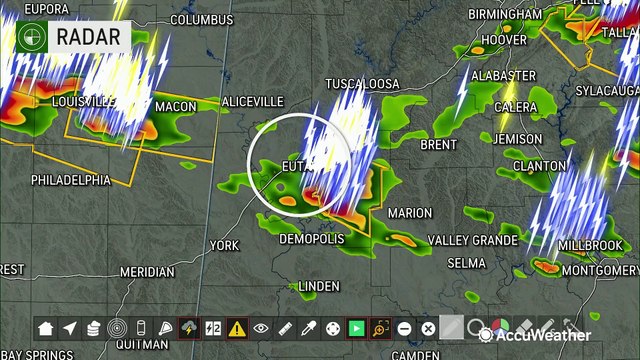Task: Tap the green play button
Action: pyautogui.click(x=356, y=328)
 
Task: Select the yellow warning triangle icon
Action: pyautogui.click(x=237, y=328)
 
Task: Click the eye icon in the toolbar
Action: pyautogui.click(x=261, y=328)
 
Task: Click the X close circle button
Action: pyautogui.click(x=428, y=328)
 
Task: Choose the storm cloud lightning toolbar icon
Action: pyautogui.click(x=189, y=328)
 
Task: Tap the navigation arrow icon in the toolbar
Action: pyautogui.click(x=70, y=328)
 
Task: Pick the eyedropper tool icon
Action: pyautogui.click(x=309, y=328)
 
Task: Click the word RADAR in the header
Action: pyautogui.click(x=87, y=38)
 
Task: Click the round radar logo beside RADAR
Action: pyautogui.click(x=32, y=38)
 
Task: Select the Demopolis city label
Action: pyautogui.click(x=311, y=239)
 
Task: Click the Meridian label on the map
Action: pyautogui.click(x=147, y=271)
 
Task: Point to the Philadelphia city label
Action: pyautogui.click(x=70, y=181)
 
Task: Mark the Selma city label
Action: pyautogui.click(x=466, y=262)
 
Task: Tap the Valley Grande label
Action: pyautogui.click(x=473, y=240)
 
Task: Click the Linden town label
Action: pyautogui.click(x=319, y=286)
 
